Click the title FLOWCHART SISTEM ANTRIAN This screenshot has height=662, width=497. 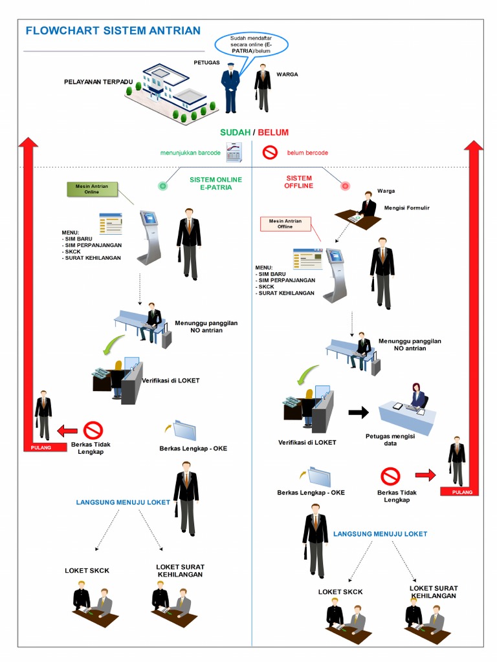tap(113, 30)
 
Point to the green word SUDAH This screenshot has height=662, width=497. tap(235, 133)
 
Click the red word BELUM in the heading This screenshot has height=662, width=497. tap(273, 133)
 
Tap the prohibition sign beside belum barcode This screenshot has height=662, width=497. tap(270, 153)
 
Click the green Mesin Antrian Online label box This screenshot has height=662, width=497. tap(92, 189)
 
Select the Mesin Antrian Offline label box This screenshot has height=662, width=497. tap(285, 224)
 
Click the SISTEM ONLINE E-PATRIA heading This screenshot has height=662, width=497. tap(215, 183)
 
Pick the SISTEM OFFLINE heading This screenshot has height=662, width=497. tap(298, 182)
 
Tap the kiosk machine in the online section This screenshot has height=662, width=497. tap(149, 236)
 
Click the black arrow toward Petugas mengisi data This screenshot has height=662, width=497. tap(358, 412)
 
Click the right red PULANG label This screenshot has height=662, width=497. tap(461, 492)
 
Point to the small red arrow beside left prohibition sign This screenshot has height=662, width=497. tap(67, 430)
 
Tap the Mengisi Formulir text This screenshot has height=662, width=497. tap(406, 208)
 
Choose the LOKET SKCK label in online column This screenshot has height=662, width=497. tap(87, 570)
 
